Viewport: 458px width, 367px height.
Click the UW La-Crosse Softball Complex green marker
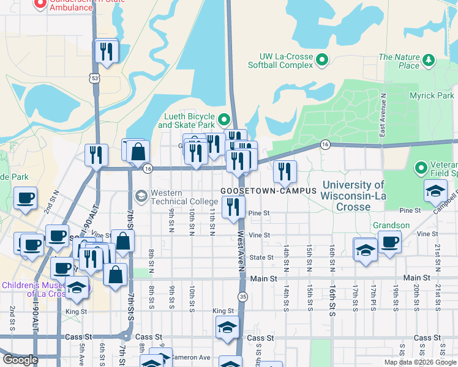point(323,60)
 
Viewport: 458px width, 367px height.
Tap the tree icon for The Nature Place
point(428,60)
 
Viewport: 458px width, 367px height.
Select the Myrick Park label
point(432,96)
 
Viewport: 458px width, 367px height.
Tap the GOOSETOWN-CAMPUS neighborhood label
point(269,191)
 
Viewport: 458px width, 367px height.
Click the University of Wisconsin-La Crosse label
point(353,196)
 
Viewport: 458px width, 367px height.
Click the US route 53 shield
point(94,78)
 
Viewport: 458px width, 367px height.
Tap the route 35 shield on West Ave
point(243,296)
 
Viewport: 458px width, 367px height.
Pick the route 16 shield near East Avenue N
point(325,144)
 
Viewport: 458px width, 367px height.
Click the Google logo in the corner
point(20,360)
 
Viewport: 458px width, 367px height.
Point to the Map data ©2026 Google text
point(419,362)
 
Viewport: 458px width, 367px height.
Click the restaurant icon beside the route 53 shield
point(107,51)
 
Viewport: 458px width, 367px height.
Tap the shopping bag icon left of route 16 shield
point(139,150)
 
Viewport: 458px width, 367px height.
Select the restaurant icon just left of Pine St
point(233,208)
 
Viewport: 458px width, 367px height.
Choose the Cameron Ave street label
point(190,357)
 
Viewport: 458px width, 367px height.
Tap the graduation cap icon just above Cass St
point(227,328)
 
